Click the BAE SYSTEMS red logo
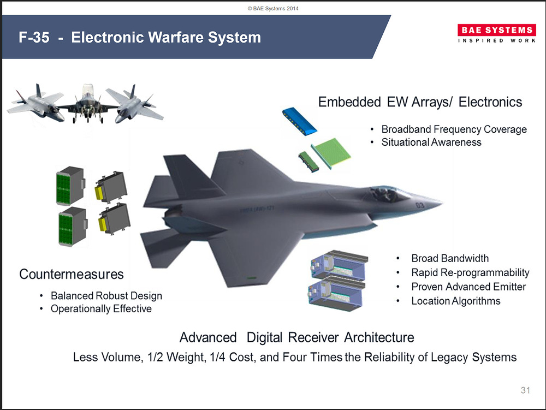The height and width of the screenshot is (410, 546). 496,30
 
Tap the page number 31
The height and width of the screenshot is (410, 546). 525,390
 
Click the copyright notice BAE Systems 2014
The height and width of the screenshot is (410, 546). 273,8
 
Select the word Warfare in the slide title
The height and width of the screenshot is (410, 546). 176,37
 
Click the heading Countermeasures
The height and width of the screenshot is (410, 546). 72,274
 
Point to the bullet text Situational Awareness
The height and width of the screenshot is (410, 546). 431,142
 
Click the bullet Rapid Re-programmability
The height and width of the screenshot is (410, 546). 470,272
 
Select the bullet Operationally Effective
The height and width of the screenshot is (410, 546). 102,308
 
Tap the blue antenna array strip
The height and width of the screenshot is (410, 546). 299,121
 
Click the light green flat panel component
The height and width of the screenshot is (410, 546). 331,153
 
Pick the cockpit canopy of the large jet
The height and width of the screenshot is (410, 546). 388,193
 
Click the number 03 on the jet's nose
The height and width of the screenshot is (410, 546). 420,205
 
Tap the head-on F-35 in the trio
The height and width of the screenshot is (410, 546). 87,104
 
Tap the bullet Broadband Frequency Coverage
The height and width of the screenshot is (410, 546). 454,129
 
